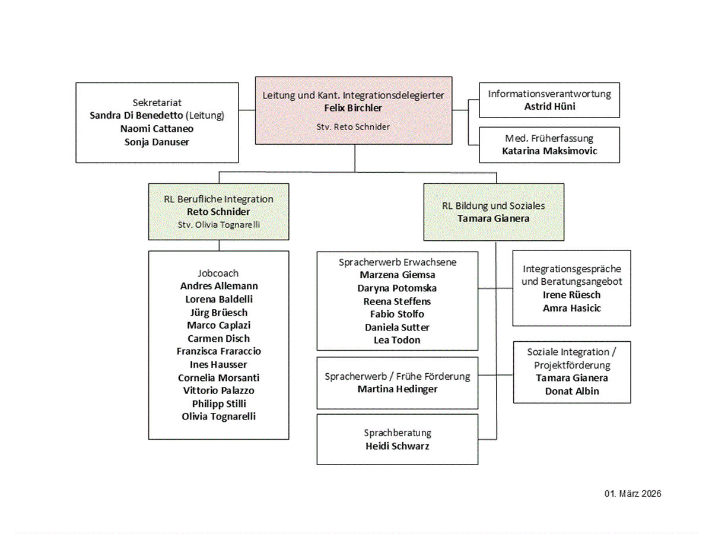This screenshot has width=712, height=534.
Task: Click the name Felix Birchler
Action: click(x=353, y=107)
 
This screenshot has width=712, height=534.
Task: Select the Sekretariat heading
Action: click(x=157, y=103)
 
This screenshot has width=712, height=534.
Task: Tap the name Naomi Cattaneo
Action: click(x=157, y=129)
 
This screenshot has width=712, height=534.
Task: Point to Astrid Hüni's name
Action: click(x=550, y=106)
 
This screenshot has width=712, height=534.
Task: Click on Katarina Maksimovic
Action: click(x=549, y=151)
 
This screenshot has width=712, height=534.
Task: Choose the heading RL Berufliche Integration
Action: click(x=218, y=199)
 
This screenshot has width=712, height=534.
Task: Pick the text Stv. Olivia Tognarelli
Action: click(x=218, y=225)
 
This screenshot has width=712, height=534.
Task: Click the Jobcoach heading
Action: click(x=218, y=274)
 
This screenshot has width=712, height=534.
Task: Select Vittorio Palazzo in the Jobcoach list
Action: click(x=218, y=390)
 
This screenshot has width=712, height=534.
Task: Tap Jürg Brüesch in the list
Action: click(x=218, y=312)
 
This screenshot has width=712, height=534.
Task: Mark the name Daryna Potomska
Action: click(x=397, y=288)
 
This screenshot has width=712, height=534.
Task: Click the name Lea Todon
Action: click(x=397, y=340)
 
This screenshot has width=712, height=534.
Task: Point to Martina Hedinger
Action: click(x=398, y=389)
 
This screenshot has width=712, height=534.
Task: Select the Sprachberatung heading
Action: click(x=398, y=433)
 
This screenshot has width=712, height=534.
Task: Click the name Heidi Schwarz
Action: click(x=398, y=446)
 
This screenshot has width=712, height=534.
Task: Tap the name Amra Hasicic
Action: click(x=572, y=308)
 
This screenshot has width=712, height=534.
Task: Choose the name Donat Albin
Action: click(x=572, y=391)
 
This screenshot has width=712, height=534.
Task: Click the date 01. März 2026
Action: click(x=632, y=494)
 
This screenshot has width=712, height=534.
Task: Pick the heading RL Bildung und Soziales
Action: click(x=494, y=205)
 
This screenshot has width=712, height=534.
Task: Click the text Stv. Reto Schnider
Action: click(x=353, y=127)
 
